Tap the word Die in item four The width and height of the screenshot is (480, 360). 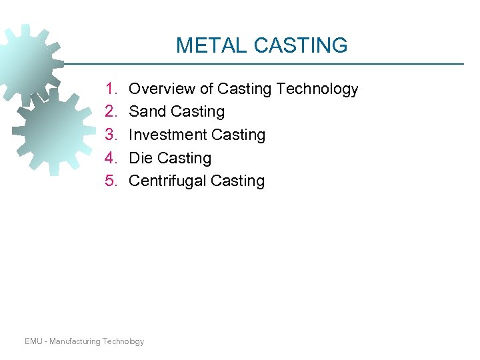coord(140,158)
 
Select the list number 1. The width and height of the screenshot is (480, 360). coord(110,89)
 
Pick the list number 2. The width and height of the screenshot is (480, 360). coord(110,111)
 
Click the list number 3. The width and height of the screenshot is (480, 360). coord(110,135)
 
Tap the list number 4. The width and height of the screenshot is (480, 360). coord(110,158)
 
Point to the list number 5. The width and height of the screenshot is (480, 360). coord(110,181)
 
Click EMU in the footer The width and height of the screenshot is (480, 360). coord(33,341)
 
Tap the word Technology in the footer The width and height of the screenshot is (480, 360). coord(123,341)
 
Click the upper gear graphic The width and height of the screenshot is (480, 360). coord(23,60)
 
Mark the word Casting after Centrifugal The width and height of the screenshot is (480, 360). coord(237,181)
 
